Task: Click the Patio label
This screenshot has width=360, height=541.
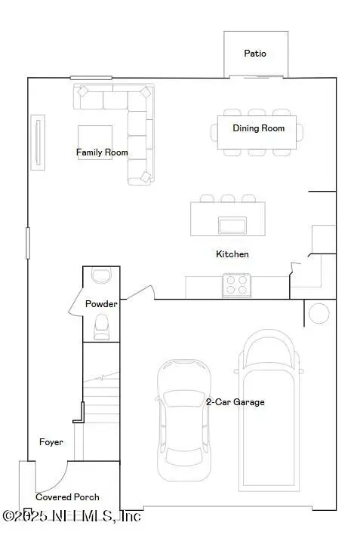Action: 255,54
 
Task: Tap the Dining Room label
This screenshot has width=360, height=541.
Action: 258,128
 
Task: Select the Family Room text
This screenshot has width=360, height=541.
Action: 102,152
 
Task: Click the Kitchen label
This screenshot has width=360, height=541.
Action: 232,254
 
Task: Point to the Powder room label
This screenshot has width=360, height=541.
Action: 100,304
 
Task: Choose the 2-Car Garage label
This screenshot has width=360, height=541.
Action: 235,402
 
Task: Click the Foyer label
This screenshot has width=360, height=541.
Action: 51,442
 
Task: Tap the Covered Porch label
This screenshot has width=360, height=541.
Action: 67,497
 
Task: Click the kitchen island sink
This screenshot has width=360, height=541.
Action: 232,225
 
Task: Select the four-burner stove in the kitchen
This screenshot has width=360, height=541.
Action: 235,285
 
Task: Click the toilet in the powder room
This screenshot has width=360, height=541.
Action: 100,325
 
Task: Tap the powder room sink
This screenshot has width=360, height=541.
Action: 100,275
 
